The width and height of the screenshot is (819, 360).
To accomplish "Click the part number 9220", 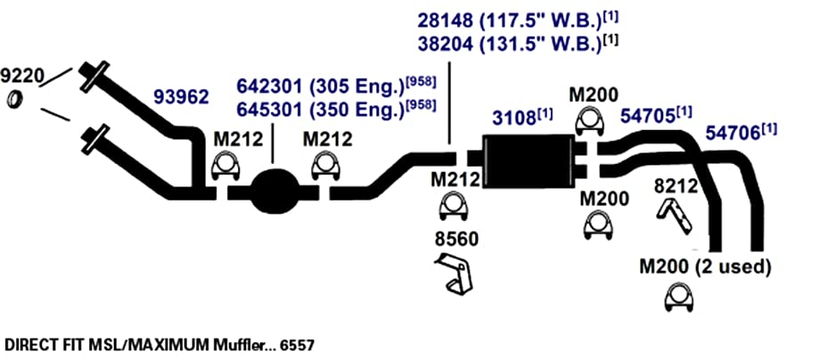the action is tap(22, 77).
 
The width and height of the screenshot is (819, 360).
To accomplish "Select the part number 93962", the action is tap(181, 96).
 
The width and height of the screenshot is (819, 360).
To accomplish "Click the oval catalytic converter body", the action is tap(274, 192).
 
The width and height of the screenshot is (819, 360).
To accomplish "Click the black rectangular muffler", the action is tap(528, 160).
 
